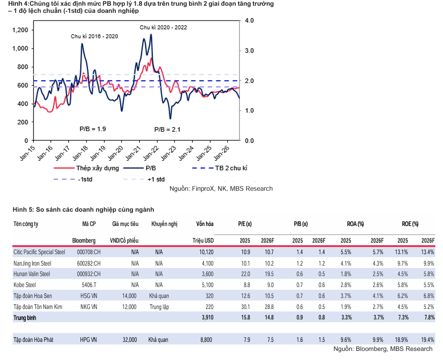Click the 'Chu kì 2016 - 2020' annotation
pyautogui.click(x=94, y=37)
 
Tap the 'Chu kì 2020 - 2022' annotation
pyautogui.click(x=163, y=28)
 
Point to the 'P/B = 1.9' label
pyautogui.click(x=93, y=129)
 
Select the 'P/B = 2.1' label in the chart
pyautogui.click(x=167, y=130)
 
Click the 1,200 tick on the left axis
pyautogui.click(x=20, y=30)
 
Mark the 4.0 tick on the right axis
pyautogui.click(x=249, y=21)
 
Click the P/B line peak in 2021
pyautogui.click(x=151, y=34)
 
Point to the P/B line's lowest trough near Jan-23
pyautogui.click(x=171, y=119)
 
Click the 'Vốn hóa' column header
pyautogui.click(x=205, y=224)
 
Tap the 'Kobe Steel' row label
pyautogui.click(x=25, y=285)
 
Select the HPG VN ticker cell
pyautogui.click(x=89, y=339)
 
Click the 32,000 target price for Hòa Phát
pyautogui.click(x=130, y=339)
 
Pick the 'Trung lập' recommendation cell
pyautogui.click(x=160, y=307)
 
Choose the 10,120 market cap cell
pyautogui.click(x=207, y=252)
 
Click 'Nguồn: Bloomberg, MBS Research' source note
pyautogui.click(x=383, y=349)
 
